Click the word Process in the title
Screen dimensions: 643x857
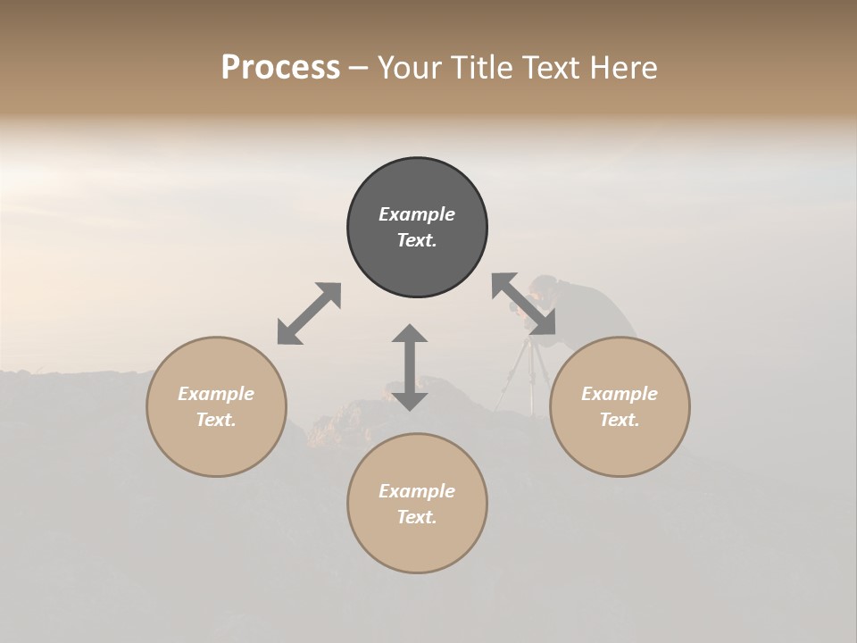(280, 68)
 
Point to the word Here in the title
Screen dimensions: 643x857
(624, 68)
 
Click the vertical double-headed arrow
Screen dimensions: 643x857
(410, 367)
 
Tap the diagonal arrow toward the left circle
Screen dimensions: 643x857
(309, 313)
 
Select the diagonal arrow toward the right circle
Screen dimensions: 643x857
(523, 304)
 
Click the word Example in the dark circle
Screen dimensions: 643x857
(417, 214)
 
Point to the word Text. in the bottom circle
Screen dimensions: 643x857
(417, 517)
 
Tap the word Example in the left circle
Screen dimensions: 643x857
(216, 394)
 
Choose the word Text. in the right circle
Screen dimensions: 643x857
(620, 420)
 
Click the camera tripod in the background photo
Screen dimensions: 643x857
(527, 375)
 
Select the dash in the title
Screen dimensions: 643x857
(358, 69)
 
